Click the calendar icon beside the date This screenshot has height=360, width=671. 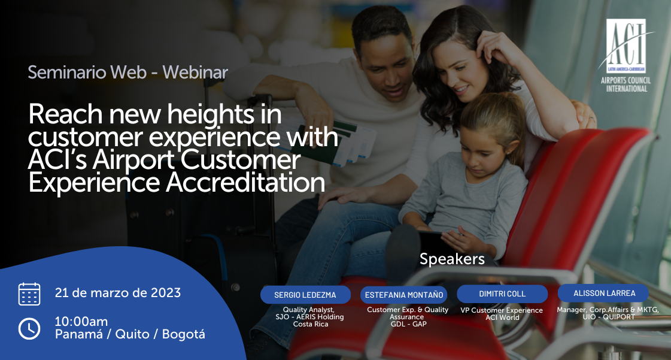(29, 294)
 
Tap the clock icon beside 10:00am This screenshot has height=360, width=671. (29, 328)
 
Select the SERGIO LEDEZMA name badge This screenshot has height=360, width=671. (305, 295)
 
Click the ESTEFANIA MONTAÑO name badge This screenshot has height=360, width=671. (404, 295)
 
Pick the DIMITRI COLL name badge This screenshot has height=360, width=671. (502, 294)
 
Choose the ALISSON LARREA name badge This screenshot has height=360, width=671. (603, 294)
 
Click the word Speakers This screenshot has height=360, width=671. (452, 259)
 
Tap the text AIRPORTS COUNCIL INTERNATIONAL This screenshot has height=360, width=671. (626, 84)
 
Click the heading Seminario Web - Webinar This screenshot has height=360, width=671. (127, 72)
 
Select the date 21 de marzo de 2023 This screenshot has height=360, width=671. (118, 293)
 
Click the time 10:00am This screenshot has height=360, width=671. (81, 322)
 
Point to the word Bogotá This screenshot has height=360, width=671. (184, 334)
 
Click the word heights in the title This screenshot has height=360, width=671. (210, 114)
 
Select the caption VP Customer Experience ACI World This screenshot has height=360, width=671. (502, 314)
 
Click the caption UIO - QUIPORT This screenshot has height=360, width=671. (609, 317)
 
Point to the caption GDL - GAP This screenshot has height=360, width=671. (408, 324)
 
